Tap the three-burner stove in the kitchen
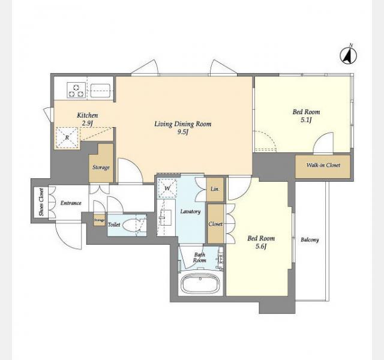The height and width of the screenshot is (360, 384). coord(76,90)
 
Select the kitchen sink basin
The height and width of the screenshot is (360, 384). coord(100,91)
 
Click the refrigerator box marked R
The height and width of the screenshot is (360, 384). coord(67,138)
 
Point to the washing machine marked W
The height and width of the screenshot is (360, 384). coord(167,188)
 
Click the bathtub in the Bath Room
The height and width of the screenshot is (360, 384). coord(200,284)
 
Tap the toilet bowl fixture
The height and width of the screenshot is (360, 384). coord(131,225)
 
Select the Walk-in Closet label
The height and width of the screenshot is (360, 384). coord(323,166)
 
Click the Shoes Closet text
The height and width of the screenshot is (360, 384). coord(41,202)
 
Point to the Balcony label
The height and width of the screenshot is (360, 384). coord(310,240)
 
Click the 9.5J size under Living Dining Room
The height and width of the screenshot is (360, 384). coord(183,132)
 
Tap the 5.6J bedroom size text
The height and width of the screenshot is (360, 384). coord(261,247)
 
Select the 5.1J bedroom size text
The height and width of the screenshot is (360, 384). coord(306,120)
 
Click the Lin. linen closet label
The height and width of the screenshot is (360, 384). coord(215,190)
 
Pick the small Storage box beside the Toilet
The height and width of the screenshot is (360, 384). coord(100,220)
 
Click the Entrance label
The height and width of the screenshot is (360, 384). coord(71,203)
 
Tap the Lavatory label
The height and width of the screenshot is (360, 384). coord(190,212)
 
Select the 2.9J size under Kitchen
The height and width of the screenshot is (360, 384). coord(87,123)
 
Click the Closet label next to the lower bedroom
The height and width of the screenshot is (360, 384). coord(215,224)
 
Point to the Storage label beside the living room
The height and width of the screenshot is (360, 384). coord(101,168)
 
